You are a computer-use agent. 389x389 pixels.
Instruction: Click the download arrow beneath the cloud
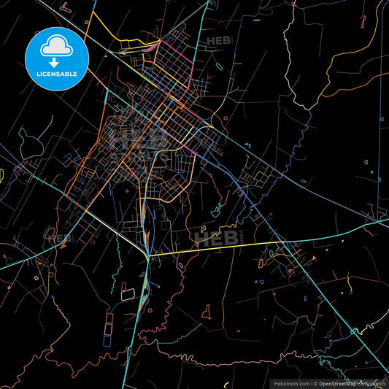point(55,61)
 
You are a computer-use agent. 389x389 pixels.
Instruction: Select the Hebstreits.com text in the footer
point(290,382)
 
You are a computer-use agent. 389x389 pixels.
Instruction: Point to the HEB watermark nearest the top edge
point(220,42)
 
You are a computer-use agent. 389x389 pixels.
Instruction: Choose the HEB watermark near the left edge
point(61,237)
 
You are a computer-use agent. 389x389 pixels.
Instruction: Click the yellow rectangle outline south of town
point(128,294)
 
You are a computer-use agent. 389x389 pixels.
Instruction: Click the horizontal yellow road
point(212,248)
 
